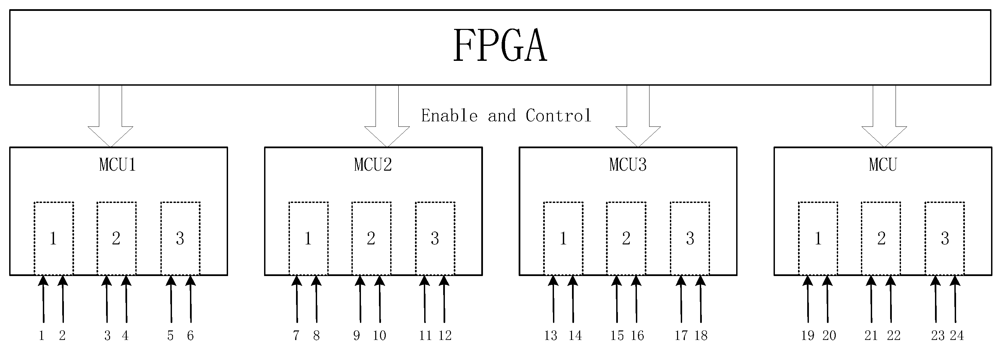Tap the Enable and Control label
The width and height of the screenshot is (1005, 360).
[x=506, y=116]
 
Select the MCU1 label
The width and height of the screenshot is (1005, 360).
[x=118, y=165]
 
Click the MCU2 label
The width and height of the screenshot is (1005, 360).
[x=372, y=165]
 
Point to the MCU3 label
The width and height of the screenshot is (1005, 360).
[x=628, y=165]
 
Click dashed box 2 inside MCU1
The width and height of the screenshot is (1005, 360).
[x=116, y=238]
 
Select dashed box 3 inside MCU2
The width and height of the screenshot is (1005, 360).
[x=435, y=238]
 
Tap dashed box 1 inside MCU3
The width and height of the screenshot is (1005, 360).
[x=563, y=238]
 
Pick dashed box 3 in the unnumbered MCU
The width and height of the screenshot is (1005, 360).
[x=944, y=238]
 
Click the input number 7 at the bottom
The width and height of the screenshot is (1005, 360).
[x=296, y=336]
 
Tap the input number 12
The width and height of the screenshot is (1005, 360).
[x=445, y=336]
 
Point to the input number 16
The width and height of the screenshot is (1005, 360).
[x=637, y=336]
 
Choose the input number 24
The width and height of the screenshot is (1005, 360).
[x=957, y=336]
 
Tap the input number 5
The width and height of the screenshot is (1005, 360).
[x=170, y=336]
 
